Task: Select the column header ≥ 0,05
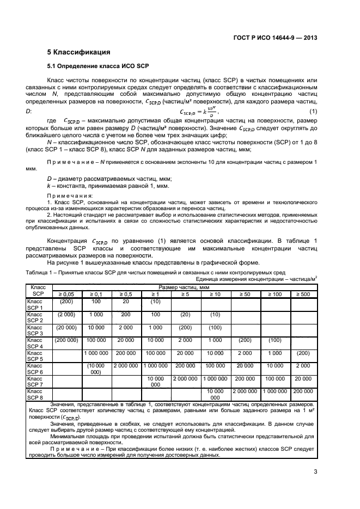[x=66, y=294]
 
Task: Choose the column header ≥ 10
[x=216, y=294]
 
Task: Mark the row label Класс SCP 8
[x=38, y=394]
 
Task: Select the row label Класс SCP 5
[x=38, y=356]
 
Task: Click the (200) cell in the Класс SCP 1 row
[x=66, y=301]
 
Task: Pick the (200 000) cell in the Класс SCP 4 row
[x=66, y=340]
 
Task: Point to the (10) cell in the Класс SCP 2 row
[x=216, y=314]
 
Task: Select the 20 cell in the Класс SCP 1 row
[x=126, y=301]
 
